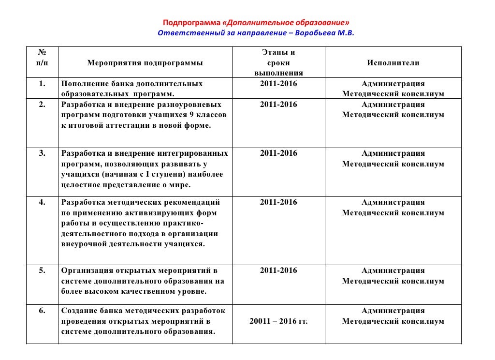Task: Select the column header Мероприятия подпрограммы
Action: (145, 63)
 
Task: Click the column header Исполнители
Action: (393, 63)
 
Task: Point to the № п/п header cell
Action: (42, 58)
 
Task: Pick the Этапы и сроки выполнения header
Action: (278, 63)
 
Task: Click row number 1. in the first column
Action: (42, 84)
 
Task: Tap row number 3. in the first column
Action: (42, 153)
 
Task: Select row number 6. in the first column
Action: (42, 311)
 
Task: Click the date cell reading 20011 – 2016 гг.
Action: (278, 321)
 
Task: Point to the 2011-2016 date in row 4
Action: (278, 202)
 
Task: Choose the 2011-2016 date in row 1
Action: (278, 84)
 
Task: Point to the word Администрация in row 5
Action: (393, 270)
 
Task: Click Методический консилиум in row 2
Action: (393, 115)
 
